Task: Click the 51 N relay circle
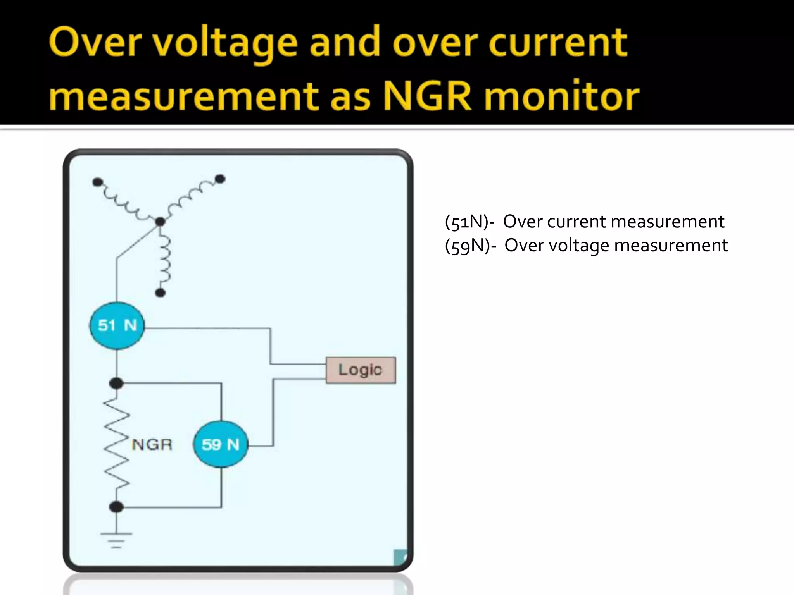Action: click(117, 325)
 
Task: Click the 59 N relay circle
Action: click(221, 444)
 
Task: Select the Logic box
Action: click(361, 370)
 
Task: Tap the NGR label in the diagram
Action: click(152, 444)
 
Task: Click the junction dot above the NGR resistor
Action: click(116, 383)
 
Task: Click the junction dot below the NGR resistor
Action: click(116, 507)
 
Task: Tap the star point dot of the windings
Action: click(160, 222)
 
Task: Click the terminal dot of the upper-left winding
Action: click(98, 182)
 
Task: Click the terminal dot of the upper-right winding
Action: click(220, 179)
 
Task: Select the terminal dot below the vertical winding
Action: click(160, 293)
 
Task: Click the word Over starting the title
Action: click(93, 43)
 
